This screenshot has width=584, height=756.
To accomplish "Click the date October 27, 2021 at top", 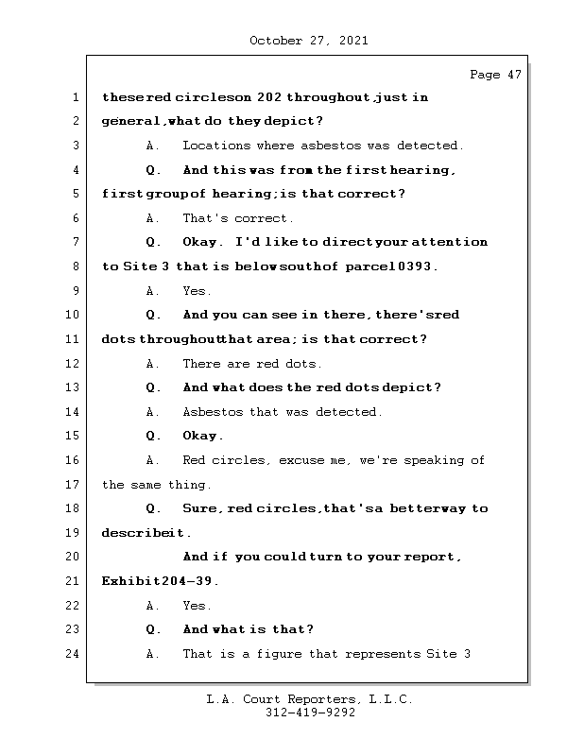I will click(309, 41).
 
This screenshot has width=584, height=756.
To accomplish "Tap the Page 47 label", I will click(495, 75).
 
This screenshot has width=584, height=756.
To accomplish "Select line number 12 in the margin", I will click(75, 364).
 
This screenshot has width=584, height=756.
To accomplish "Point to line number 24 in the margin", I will click(75, 654).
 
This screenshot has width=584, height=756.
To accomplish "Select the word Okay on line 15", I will click(202, 436).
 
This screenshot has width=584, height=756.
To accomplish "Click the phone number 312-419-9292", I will click(310, 713).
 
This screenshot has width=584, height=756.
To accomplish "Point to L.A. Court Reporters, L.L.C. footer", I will click(310, 699).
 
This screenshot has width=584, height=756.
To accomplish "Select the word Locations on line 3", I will click(216, 146).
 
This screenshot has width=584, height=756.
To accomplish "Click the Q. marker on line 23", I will click(154, 629).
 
